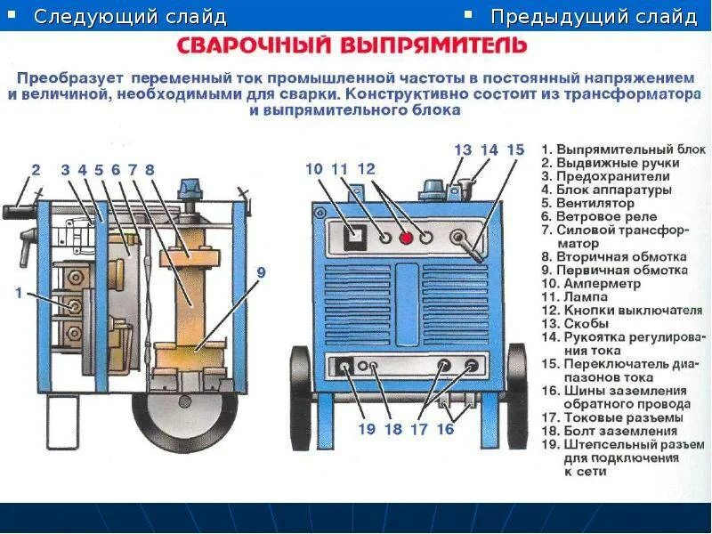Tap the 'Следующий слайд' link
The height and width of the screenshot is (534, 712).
(130, 17)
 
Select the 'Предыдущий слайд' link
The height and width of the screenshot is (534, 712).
(594, 17)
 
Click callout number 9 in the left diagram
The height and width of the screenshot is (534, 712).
(261, 272)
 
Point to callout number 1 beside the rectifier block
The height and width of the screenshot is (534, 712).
(20, 293)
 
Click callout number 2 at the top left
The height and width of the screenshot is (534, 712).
(35, 170)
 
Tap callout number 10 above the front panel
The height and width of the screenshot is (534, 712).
(314, 168)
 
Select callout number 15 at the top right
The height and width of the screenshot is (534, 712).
(515, 150)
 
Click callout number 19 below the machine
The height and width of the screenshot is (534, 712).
(367, 430)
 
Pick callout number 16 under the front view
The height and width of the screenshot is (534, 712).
(445, 430)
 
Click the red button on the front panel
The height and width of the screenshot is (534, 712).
(406, 238)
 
